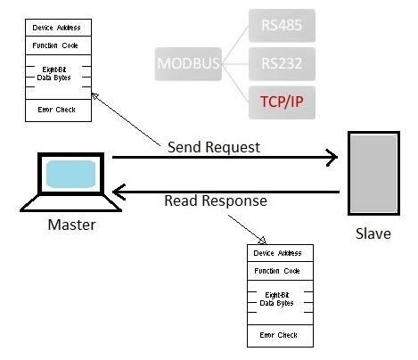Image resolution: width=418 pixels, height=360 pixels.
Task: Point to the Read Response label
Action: (x=215, y=200)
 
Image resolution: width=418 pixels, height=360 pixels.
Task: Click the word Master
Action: (x=70, y=225)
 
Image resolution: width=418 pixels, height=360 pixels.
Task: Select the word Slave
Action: (x=367, y=234)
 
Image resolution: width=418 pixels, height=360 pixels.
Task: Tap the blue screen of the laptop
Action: (x=70, y=174)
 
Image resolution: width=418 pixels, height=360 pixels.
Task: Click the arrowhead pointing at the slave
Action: (x=332, y=159)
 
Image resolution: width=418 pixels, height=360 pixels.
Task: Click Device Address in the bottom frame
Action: (x=279, y=253)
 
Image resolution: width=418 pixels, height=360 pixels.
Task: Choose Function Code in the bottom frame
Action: (x=279, y=270)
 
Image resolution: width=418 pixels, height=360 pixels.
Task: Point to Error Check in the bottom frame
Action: (x=279, y=335)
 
